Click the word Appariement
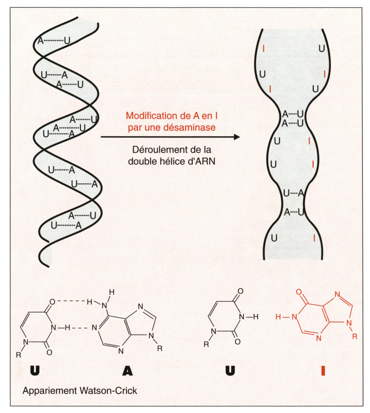(50, 391)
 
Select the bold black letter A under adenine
(128, 371)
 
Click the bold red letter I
(323, 371)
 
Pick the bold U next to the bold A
(35, 371)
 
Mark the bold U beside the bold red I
(230, 371)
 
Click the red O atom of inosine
(299, 292)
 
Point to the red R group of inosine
(355, 336)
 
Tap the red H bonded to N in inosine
(278, 317)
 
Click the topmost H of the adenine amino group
(111, 292)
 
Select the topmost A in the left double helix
(41, 41)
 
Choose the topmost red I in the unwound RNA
(264, 48)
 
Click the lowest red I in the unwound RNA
(314, 238)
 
